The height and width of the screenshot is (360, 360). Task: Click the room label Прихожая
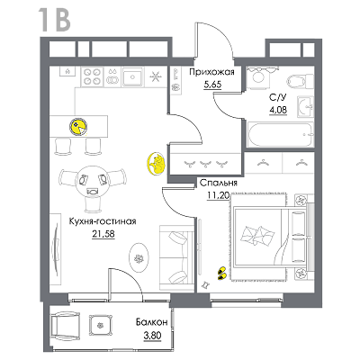[x=211, y=72]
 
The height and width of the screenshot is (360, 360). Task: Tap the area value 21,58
[x=103, y=234]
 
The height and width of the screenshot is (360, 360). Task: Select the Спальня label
[x=219, y=183]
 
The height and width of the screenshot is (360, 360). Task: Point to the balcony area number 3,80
[x=152, y=336]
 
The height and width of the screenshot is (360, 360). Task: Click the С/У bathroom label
[x=278, y=98]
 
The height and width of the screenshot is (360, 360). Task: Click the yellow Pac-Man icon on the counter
[x=78, y=127]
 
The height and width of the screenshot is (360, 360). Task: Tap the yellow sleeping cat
[x=156, y=164]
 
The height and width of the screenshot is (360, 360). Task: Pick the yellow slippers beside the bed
[x=221, y=273]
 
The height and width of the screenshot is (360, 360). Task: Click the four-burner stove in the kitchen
[x=92, y=76]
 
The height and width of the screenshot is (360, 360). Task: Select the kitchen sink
[x=132, y=76]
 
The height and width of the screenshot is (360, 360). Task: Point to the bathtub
[x=280, y=134]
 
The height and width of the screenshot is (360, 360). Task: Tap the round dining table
[x=93, y=182]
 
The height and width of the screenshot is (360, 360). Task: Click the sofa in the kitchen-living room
[x=176, y=257]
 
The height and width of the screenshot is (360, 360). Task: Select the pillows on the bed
[x=257, y=235]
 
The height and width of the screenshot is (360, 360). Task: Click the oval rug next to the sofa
[x=139, y=257]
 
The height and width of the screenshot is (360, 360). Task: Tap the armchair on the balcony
[x=66, y=327]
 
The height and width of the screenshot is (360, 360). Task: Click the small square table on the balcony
[x=101, y=326]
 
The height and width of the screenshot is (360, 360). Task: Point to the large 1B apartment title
[x=55, y=21]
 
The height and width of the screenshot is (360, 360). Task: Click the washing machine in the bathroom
[x=259, y=77]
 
